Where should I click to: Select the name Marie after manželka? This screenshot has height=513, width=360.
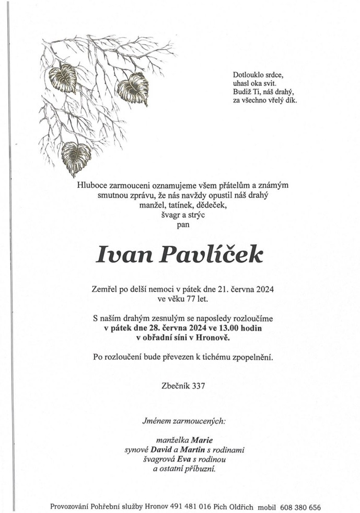tap(202, 440)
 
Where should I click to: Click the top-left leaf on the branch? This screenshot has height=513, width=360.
tap(63, 78)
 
